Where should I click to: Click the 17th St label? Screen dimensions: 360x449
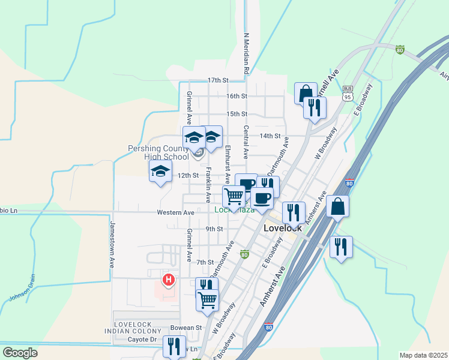218,80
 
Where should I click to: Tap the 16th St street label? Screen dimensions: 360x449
237,96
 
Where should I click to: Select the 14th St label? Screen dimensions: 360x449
270,136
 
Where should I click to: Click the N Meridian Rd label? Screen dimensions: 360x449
246,54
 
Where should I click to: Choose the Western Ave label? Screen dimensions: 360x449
175,212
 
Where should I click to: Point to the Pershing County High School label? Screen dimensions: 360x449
158,152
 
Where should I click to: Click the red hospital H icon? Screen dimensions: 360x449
169,280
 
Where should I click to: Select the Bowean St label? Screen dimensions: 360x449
185,328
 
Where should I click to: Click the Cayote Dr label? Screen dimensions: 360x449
142,339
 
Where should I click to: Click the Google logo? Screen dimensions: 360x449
20,353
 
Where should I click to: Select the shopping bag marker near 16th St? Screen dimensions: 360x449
306,93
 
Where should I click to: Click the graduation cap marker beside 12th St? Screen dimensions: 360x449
160,171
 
